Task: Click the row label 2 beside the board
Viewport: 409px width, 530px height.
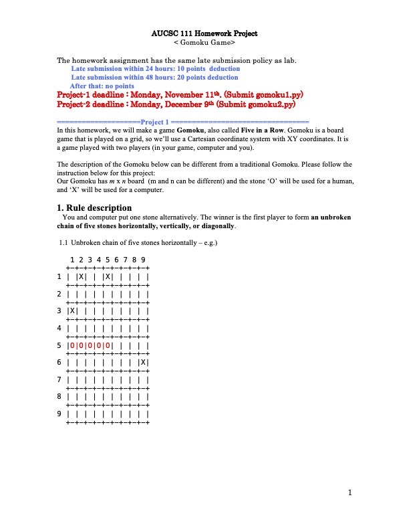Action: click(59, 293)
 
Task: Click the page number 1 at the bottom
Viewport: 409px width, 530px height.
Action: click(349, 493)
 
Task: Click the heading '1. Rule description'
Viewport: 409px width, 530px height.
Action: click(94, 207)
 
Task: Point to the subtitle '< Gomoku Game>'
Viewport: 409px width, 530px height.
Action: click(204, 42)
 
